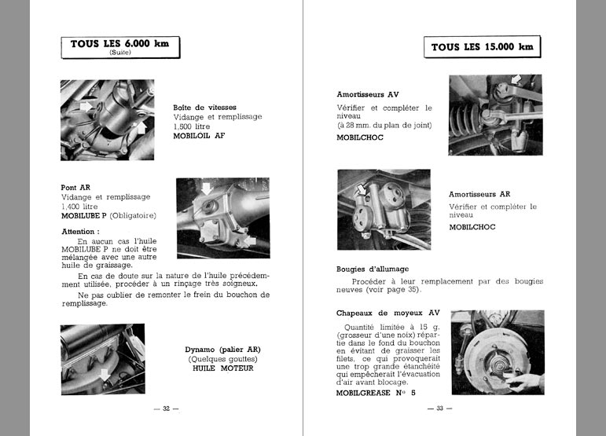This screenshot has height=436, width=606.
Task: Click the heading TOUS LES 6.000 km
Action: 119,44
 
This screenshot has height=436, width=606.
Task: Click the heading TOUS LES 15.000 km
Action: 482,47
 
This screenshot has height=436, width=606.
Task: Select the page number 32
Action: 166,409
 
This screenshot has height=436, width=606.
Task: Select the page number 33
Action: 435,409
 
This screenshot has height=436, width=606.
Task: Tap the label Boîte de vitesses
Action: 204,108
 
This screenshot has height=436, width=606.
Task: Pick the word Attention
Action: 80,232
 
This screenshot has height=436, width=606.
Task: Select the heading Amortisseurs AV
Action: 367,94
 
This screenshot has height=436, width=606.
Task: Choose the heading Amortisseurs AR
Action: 479,194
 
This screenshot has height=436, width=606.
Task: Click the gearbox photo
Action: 102,120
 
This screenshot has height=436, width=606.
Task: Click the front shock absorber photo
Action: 495,115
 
